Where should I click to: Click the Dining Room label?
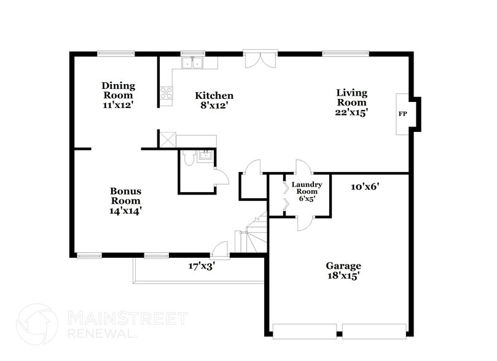118,95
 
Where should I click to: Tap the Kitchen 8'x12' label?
214,101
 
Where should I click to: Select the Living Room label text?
351,103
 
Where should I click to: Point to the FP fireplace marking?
403,114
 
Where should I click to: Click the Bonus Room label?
125,200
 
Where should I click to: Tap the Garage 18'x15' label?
343,271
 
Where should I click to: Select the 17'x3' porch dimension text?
201,266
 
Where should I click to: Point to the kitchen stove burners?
166,93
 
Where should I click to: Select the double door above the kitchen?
260,60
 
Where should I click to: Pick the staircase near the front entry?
254,236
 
